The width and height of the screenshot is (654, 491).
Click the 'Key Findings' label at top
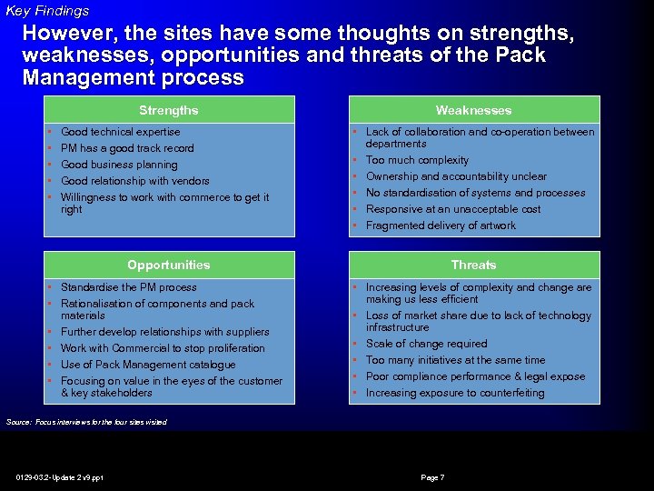pos(47,11)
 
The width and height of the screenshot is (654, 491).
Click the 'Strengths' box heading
pos(168,110)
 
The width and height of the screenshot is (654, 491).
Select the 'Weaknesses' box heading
pos(473,110)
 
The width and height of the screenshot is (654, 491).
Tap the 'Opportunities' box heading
pos(168,265)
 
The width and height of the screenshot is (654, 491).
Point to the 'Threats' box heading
pos(473,265)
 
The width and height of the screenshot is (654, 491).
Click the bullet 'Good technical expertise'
pos(120,132)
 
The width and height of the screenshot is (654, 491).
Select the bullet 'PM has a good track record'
pos(127,148)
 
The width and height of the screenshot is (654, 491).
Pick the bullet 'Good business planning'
pos(119,165)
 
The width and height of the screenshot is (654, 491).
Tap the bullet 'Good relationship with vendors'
pos(134,181)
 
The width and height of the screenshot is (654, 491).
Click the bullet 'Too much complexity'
pos(417,160)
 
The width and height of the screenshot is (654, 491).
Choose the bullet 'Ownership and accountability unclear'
pos(456,176)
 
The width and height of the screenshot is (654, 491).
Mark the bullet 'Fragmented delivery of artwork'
pos(441,225)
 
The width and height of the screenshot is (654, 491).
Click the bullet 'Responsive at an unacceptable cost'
pos(453,209)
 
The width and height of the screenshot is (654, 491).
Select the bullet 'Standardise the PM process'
pos(128,287)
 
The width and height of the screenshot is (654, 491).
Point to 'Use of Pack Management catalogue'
pos(148,365)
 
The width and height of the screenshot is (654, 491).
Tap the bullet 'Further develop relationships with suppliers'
pos(164,332)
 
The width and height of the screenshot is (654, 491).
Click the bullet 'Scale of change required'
pos(426,344)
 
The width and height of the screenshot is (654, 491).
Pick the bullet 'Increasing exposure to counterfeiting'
pos(455,393)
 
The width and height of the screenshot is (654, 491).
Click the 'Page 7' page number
pos(432,477)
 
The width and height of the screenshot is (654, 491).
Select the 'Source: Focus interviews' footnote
pos(86,422)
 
